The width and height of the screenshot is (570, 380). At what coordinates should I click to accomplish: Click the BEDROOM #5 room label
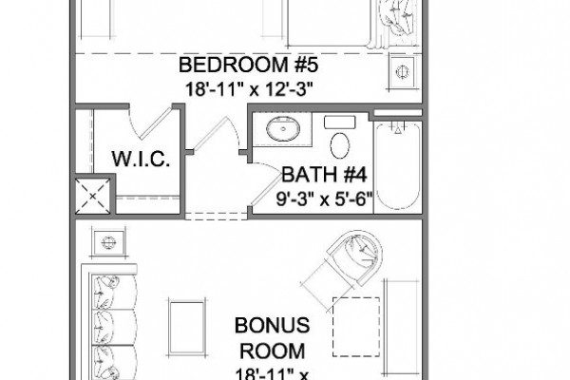tap(248, 65)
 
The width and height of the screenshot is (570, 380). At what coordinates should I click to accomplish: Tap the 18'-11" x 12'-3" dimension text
tap(249, 88)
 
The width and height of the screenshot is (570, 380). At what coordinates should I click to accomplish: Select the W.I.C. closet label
tap(141, 159)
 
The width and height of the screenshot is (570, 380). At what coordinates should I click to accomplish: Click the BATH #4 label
tap(324, 175)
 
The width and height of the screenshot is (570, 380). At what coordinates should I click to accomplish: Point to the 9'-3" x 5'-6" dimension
tap(325, 199)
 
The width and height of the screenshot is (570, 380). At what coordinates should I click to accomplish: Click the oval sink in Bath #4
tap(283, 128)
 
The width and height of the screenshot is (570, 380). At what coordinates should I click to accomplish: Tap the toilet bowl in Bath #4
tap(340, 145)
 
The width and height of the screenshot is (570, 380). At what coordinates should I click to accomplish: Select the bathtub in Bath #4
tap(398, 166)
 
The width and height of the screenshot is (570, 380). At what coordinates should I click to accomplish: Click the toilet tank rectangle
tap(339, 122)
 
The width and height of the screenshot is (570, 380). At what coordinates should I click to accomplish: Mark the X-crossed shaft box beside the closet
tap(93, 197)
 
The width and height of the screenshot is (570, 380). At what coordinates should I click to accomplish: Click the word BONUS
tap(273, 325)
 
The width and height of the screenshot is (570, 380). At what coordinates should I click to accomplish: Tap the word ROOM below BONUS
tap(273, 351)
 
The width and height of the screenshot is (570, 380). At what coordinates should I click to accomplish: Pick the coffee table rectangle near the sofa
tap(187, 327)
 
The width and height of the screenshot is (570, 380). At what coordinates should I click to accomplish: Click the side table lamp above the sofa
tap(108, 242)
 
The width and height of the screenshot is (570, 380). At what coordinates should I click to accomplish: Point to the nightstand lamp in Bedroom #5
tap(402, 71)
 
